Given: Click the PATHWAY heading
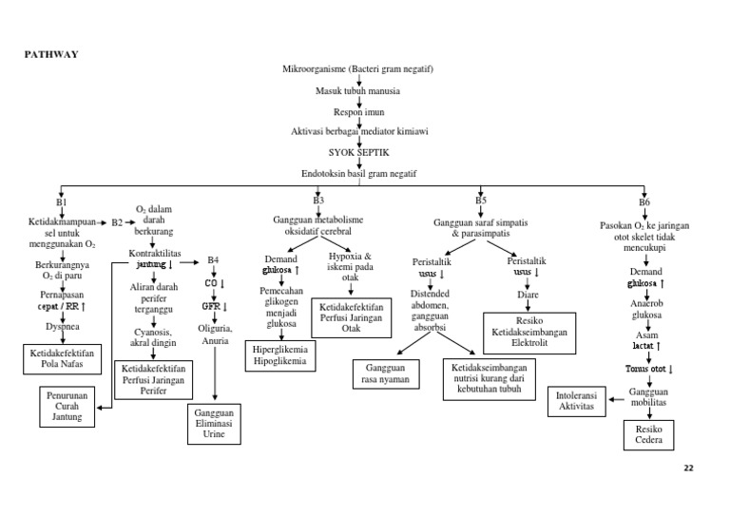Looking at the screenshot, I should (50, 54).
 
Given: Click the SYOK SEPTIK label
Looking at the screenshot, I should (357, 152).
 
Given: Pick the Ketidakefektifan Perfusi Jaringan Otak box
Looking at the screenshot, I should (352, 317).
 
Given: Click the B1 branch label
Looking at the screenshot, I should (62, 202).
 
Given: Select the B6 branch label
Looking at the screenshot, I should (645, 202).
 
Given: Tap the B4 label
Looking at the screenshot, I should (213, 260).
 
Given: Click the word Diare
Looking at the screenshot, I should (528, 295).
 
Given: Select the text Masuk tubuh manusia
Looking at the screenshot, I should (357, 91).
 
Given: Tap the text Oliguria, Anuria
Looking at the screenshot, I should (214, 334).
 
